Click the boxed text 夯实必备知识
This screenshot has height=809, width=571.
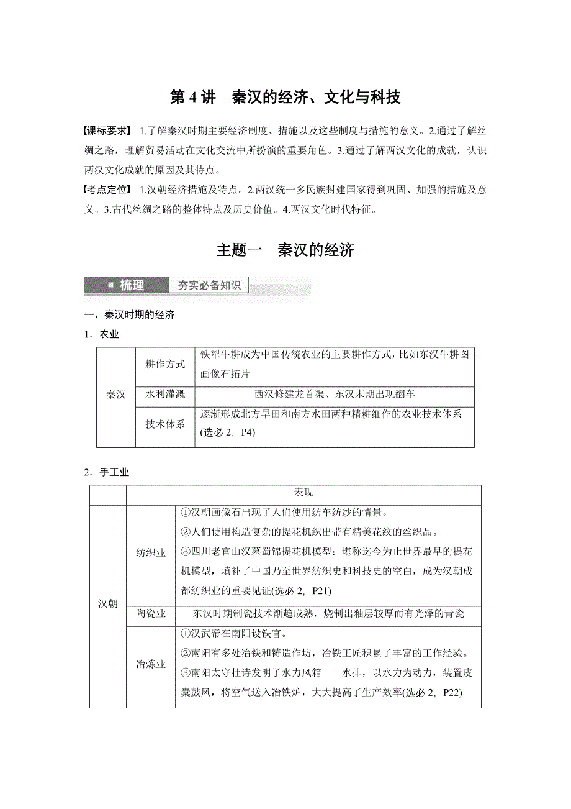pos(209,285)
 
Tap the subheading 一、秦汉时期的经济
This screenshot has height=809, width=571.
pos(130,314)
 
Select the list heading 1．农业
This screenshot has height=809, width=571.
pos(102,334)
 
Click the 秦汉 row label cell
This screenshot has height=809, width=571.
pos(116,396)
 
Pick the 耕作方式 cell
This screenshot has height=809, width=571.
pos(165,364)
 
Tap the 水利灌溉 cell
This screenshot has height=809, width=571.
pos(165,394)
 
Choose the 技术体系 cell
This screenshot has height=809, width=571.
pos(165,424)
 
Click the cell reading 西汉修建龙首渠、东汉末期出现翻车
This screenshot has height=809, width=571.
pos(335,394)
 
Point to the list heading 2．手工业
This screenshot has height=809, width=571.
pos(107,472)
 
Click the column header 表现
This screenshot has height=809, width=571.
pos(303,492)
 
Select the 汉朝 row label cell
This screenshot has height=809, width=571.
pos(108,603)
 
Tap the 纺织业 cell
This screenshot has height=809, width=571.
pos(151,553)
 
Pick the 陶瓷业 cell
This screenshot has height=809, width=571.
pos(151,614)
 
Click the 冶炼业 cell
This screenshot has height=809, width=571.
pos(151,664)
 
